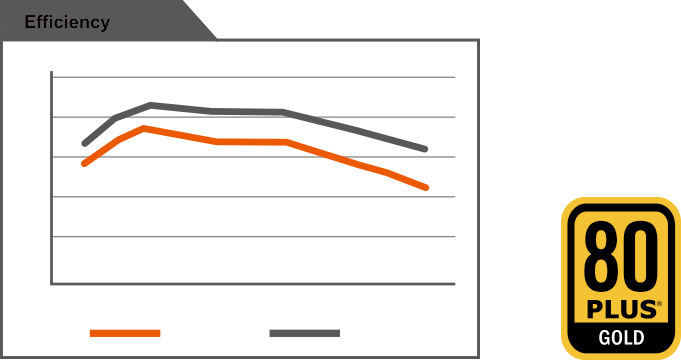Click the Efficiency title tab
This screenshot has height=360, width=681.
[67, 22]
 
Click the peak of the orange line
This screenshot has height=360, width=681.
[146, 128]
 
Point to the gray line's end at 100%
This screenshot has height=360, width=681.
[426, 149]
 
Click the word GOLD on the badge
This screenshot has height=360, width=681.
[621, 337]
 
